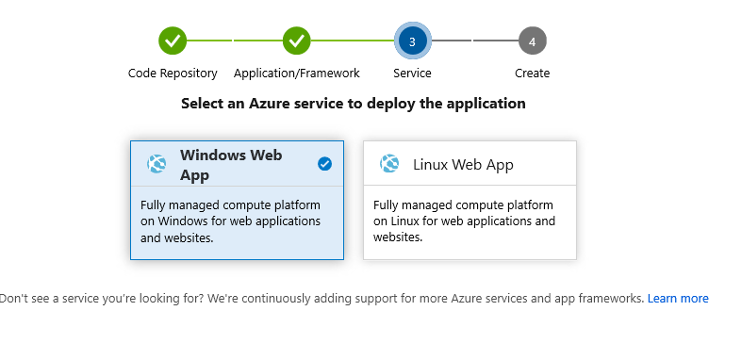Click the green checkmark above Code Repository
(173, 41)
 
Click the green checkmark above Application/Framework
(297, 41)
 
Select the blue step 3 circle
(412, 41)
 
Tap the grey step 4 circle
(533, 41)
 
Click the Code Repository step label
(173, 74)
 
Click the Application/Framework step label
(297, 74)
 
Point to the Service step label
(412, 74)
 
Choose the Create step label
(533, 74)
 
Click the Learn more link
(678, 299)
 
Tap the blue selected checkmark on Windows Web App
(324, 164)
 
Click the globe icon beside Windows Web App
(157, 164)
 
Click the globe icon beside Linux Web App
(389, 164)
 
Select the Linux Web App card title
(463, 165)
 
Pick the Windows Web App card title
(231, 165)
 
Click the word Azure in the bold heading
(270, 103)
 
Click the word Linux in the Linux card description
(404, 221)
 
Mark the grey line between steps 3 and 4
(474, 41)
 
